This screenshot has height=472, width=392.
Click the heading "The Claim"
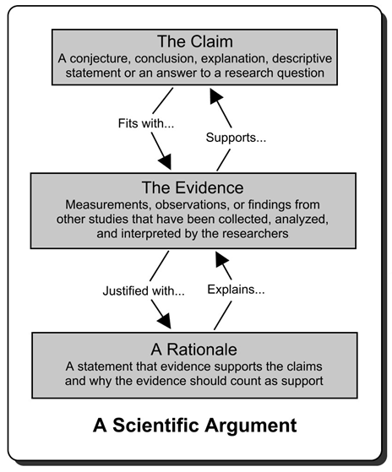tap(195, 42)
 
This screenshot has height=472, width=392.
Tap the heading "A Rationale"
tap(195, 349)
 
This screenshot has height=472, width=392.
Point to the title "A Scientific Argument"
tap(195, 425)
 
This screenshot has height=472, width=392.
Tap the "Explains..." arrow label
tap(238, 289)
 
